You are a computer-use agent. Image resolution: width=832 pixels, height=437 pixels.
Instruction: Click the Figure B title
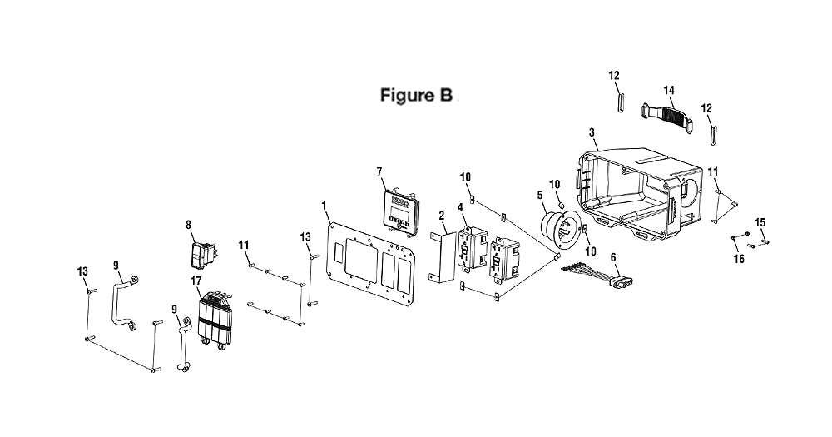(x=417, y=95)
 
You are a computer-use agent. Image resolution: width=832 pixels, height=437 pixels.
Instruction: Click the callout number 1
(x=324, y=205)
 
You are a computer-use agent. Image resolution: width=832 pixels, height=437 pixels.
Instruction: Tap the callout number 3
(x=592, y=132)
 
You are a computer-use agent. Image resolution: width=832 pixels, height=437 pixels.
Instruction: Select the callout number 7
(x=379, y=171)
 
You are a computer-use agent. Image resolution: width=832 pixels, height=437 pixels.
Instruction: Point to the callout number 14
(x=669, y=91)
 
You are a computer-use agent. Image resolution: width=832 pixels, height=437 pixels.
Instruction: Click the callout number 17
(x=196, y=281)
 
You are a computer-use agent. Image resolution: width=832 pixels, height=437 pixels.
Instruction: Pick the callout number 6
(x=613, y=257)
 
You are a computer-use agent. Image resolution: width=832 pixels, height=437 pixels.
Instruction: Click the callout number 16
(x=739, y=259)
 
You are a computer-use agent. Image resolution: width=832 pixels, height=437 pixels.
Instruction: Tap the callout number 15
(x=760, y=222)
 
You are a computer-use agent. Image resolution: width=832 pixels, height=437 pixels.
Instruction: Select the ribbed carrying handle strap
(x=667, y=115)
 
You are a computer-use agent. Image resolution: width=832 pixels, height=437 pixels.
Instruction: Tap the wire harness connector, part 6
(x=598, y=275)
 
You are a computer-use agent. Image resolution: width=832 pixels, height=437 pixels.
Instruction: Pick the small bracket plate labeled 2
(x=443, y=256)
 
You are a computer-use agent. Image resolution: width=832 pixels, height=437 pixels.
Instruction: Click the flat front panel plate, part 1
(x=370, y=266)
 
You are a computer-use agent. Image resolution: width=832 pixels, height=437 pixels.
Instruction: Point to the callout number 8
(x=188, y=225)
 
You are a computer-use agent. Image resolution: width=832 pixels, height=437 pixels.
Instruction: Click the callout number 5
(x=540, y=196)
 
